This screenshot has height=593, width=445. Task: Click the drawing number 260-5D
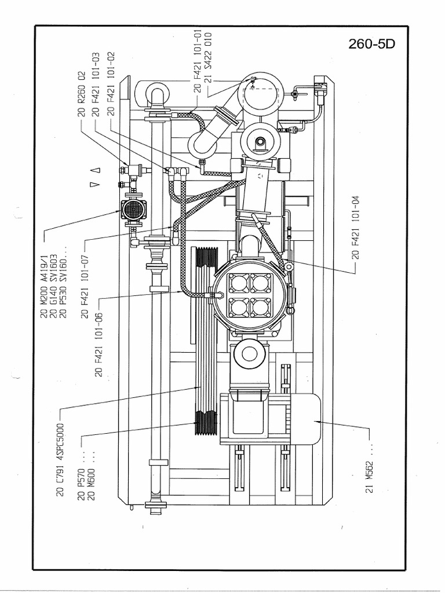point(372,45)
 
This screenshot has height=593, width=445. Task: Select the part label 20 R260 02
point(82,93)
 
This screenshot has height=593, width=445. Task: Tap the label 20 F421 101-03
point(96,84)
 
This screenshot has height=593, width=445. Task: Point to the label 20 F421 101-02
point(111,84)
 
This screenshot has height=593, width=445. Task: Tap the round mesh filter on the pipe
point(133,209)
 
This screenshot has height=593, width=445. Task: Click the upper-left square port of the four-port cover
point(238,283)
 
